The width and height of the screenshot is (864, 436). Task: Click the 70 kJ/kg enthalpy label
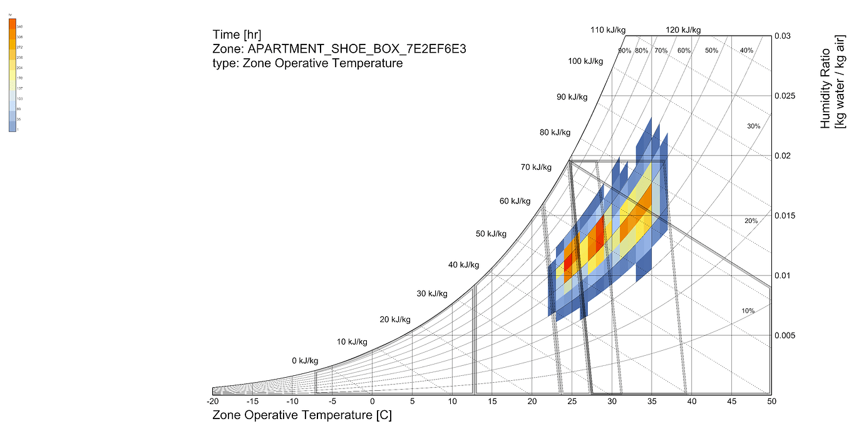(535, 167)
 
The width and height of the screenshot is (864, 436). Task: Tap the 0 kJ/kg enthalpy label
(305, 361)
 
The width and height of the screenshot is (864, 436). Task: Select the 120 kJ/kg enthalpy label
(683, 29)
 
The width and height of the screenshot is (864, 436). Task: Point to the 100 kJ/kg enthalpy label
(585, 61)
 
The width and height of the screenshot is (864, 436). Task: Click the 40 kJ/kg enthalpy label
(464, 265)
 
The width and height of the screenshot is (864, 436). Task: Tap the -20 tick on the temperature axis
(213, 402)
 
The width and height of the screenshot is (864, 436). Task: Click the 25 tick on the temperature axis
(572, 402)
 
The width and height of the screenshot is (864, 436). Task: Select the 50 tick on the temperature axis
(771, 402)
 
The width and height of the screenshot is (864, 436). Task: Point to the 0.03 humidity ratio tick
(783, 36)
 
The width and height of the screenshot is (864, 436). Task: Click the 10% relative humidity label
(748, 311)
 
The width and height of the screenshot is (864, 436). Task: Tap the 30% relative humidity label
(753, 127)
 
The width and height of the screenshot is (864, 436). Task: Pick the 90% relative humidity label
(624, 50)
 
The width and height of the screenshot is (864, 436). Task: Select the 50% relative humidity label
(711, 50)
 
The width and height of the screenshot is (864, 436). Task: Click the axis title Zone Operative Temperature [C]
(302, 415)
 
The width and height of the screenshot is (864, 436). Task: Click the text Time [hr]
(237, 34)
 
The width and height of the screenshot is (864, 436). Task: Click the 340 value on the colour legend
(19, 27)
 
